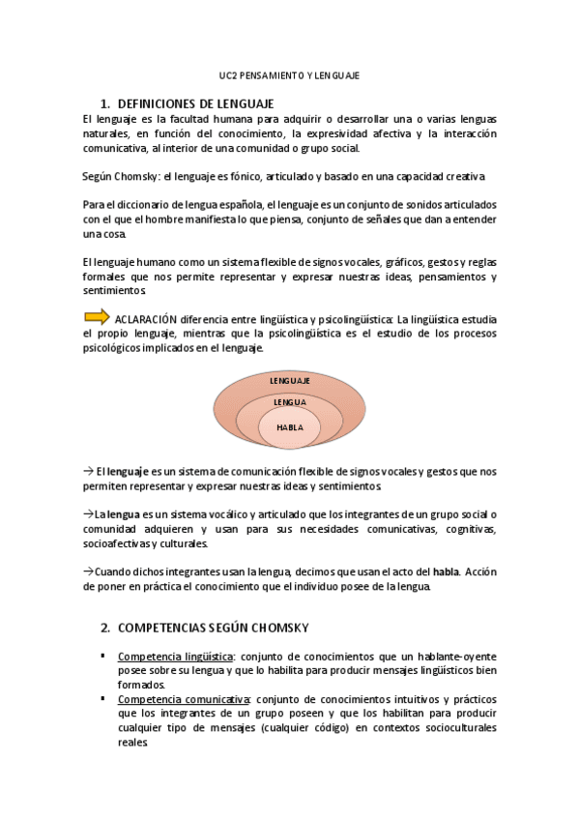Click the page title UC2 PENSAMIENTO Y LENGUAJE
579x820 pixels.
(289, 74)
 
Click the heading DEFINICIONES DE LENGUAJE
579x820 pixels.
(194, 103)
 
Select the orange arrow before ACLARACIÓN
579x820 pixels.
(97, 316)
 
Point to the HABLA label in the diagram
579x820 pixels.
(289, 426)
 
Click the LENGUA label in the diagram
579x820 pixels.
(289, 401)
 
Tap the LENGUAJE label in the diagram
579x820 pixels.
(289, 381)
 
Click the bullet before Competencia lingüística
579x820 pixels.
(102, 656)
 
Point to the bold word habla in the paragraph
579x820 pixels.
(446, 571)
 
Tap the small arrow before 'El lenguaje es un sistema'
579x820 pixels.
(87, 471)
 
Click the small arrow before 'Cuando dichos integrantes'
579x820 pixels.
(87, 571)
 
